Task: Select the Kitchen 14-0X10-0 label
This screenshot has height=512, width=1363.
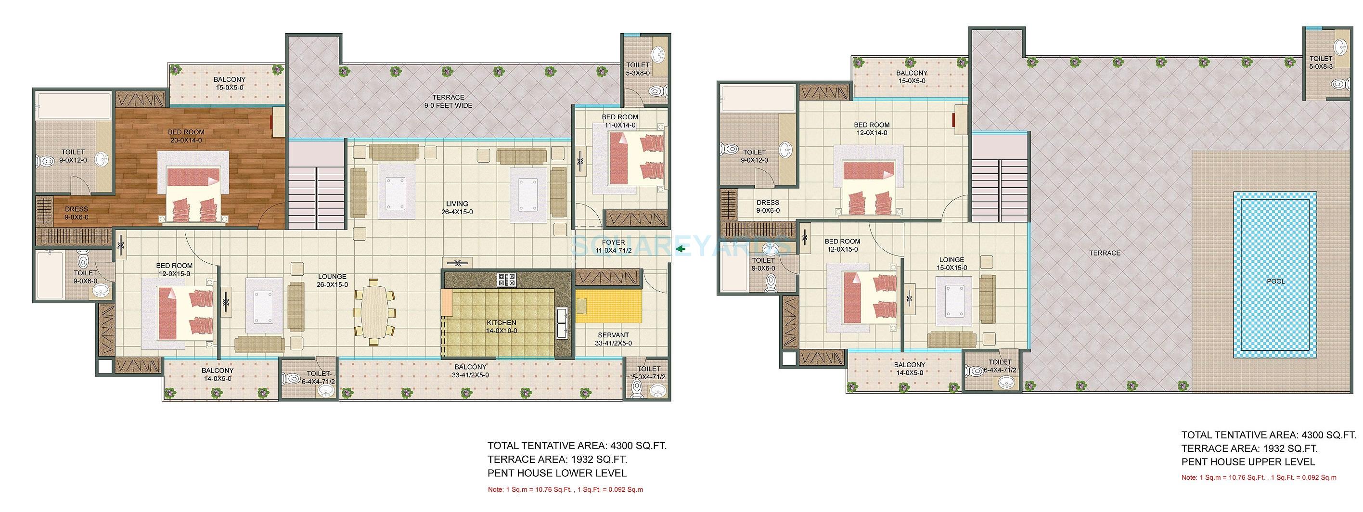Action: [x=501, y=327]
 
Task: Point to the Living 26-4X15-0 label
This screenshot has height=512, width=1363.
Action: [x=456, y=208]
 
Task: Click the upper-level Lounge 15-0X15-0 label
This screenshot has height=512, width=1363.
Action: [x=952, y=264]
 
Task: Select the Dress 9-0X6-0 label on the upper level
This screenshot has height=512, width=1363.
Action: [x=767, y=206]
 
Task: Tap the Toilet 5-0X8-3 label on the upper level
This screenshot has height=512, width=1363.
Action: [x=1321, y=63]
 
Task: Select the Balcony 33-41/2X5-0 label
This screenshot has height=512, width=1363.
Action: [x=470, y=371]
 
